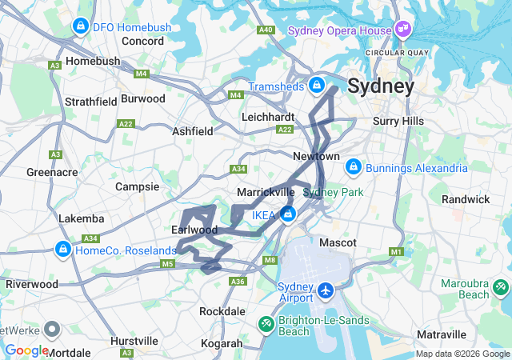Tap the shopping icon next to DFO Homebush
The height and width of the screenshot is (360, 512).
(80, 27)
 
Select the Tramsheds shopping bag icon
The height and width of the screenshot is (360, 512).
(317, 84)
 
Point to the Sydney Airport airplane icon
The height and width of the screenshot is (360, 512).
(326, 289)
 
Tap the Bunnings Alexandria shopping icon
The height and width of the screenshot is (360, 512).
(353, 168)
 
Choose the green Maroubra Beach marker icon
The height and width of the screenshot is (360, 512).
(501, 285)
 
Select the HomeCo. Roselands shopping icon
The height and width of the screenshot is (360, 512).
(62, 250)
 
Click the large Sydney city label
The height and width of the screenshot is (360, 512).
(380, 86)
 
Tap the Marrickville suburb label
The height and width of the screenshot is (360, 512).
(266, 193)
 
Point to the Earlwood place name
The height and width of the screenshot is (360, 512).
(194, 230)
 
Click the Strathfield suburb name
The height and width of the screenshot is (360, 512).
(91, 102)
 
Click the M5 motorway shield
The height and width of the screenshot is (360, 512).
(167, 263)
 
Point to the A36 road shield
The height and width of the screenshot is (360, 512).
(237, 282)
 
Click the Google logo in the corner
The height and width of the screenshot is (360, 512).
(27, 350)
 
